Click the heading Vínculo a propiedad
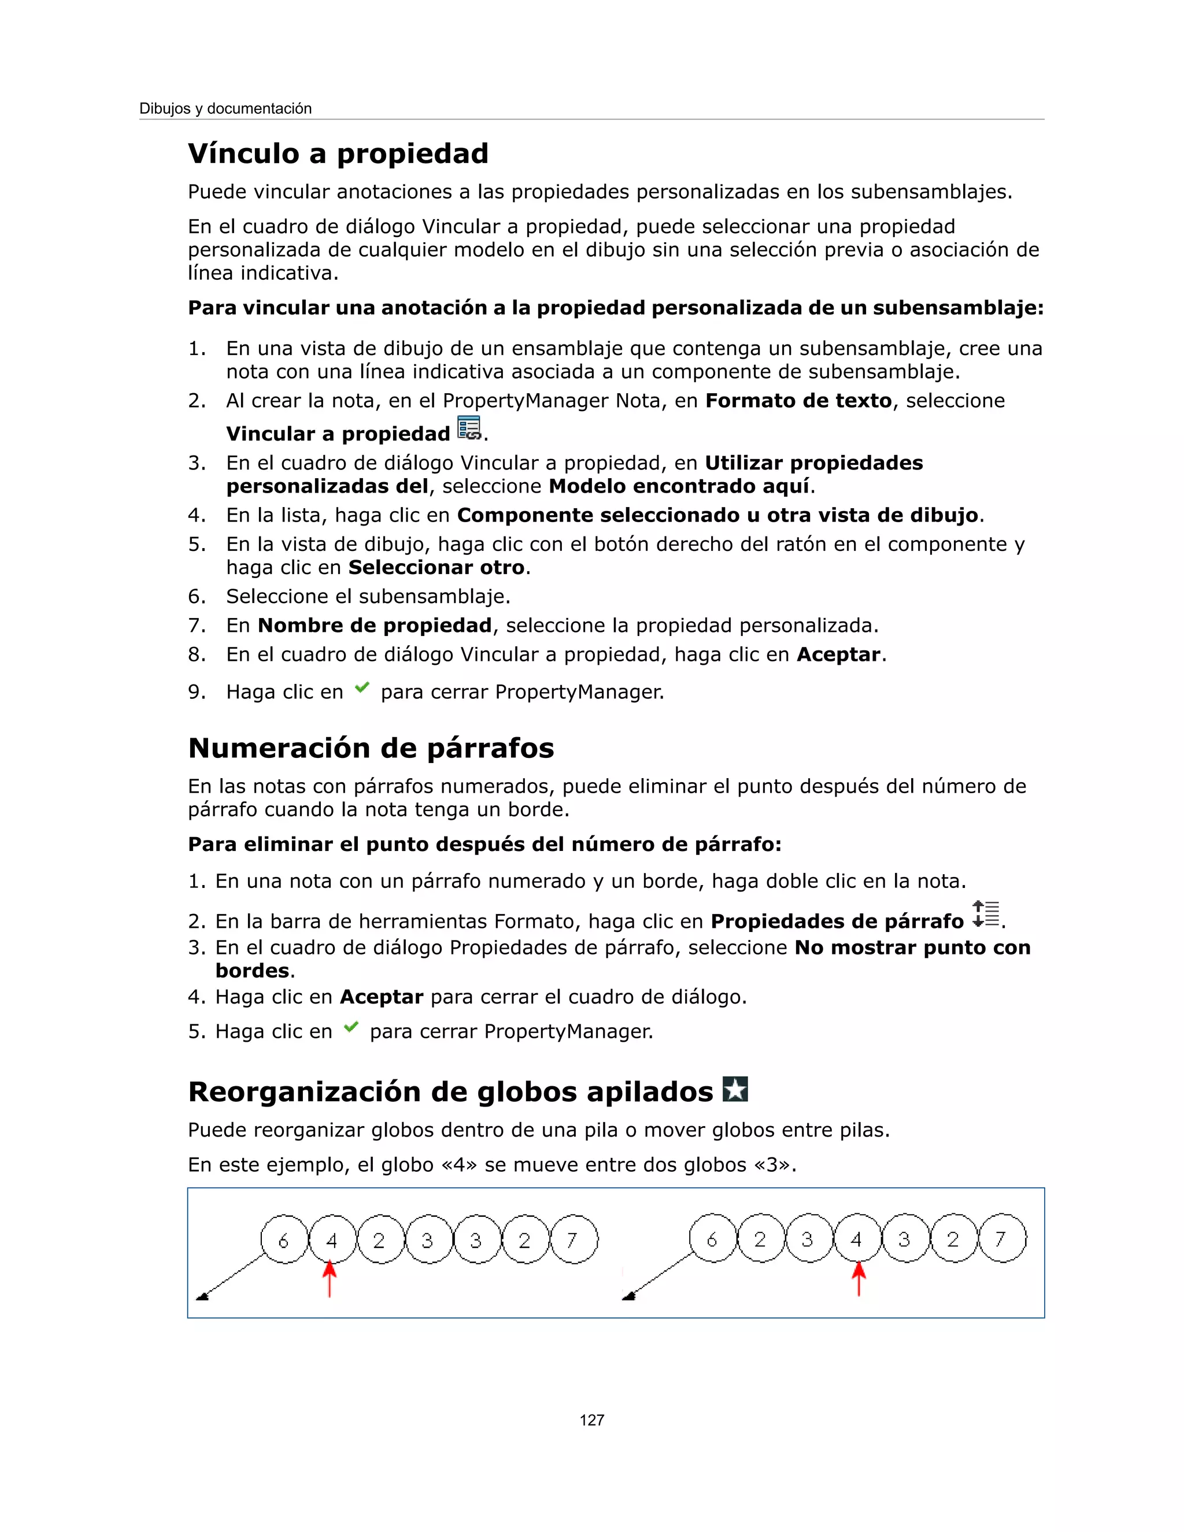pyautogui.click(x=338, y=154)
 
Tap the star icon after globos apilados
pyautogui.click(x=735, y=1089)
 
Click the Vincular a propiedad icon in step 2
pyautogui.click(x=468, y=428)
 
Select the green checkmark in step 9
pyautogui.click(x=362, y=688)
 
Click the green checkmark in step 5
pyautogui.click(x=351, y=1028)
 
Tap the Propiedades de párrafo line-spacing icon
pyautogui.click(x=985, y=914)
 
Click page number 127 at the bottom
pyautogui.click(x=591, y=1420)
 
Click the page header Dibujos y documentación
pyautogui.click(x=225, y=109)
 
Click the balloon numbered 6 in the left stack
pyautogui.click(x=284, y=1239)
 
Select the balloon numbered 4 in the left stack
pyautogui.click(x=332, y=1239)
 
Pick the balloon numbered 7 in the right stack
pyautogui.click(x=1002, y=1238)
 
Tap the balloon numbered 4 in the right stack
pyautogui.click(x=856, y=1238)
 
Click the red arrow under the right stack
pyautogui.click(x=859, y=1278)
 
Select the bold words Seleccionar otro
pyautogui.click(x=436, y=568)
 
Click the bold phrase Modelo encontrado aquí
pyautogui.click(x=679, y=486)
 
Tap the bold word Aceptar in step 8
pyautogui.click(x=838, y=654)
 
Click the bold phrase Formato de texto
pyautogui.click(x=798, y=401)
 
